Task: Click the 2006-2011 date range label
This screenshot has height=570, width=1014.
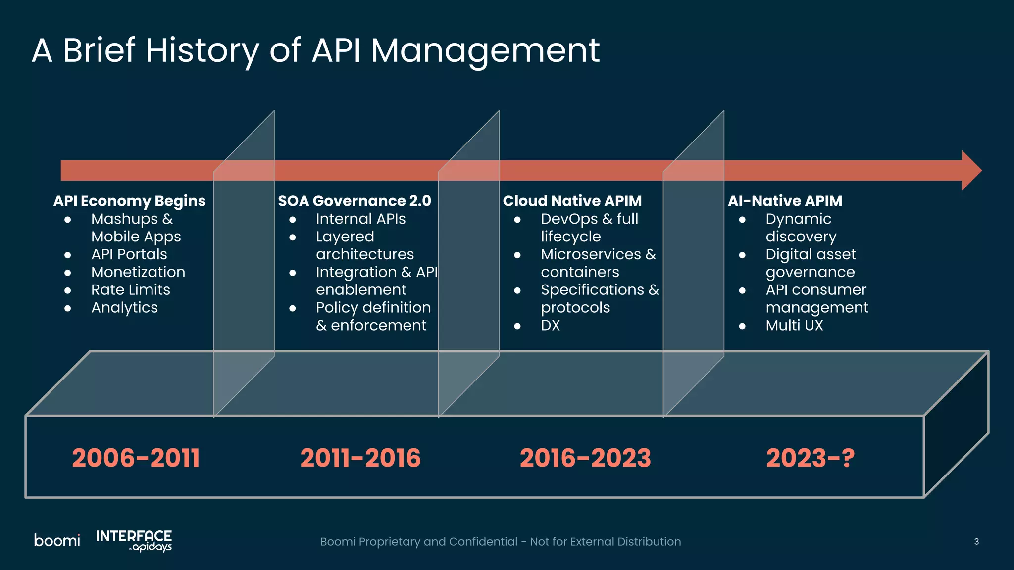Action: tap(136, 458)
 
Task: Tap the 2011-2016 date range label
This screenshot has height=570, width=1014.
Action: tap(360, 458)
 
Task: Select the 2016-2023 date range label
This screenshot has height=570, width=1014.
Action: tap(585, 458)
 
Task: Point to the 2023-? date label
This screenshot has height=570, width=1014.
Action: tap(810, 458)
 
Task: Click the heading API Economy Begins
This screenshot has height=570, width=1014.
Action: tap(129, 201)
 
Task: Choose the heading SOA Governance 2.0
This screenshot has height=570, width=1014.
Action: tap(355, 201)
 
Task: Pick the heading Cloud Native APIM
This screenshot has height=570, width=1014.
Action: tap(572, 201)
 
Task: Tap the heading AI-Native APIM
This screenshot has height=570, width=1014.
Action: tap(785, 201)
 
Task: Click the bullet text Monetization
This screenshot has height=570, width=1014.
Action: tap(138, 272)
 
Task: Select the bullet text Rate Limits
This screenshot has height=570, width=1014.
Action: tap(131, 290)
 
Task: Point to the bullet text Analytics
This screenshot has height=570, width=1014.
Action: tap(124, 308)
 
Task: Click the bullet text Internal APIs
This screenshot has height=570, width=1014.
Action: tap(360, 219)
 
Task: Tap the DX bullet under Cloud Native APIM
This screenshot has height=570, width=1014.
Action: tap(550, 326)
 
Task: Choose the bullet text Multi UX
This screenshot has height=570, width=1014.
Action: tap(794, 326)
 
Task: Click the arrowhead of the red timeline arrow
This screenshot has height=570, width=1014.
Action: tap(970, 170)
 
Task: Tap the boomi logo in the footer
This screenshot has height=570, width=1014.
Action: tap(57, 540)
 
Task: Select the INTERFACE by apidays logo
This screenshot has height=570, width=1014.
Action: tap(134, 540)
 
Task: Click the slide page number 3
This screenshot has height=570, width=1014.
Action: tap(976, 542)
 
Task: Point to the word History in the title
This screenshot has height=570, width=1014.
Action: tap(202, 50)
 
